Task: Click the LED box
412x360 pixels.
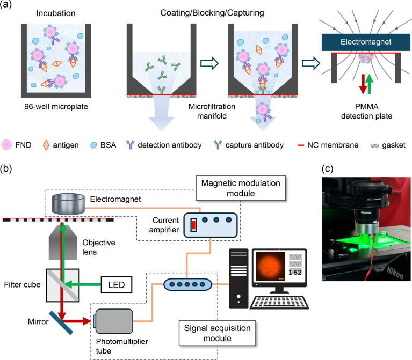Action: pos(117,285)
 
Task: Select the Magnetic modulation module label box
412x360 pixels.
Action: pos(241,188)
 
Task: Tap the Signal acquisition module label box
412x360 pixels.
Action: pos(218,333)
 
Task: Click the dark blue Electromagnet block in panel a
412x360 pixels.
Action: pos(366,42)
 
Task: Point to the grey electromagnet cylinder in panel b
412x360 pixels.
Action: pos(68,204)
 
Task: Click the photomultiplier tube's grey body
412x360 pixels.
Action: pos(114,321)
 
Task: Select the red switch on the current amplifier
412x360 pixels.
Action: pos(194,225)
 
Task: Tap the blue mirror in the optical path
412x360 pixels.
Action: pos(61,323)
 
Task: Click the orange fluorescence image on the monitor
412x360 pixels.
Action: pos(270,267)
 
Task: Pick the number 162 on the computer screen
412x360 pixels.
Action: pos(295,273)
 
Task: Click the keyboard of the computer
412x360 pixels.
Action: pos(279,303)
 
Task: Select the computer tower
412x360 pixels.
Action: pos(238,278)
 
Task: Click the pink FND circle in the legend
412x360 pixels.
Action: pos(6,145)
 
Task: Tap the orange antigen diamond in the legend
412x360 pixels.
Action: pos(46,145)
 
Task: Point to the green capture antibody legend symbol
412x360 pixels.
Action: pos(218,144)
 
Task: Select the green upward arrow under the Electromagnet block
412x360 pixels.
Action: pos(369,84)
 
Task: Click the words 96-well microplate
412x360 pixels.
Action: pos(56,107)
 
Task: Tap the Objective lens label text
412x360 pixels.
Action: pos(99,247)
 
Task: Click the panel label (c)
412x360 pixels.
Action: pos(327,168)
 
